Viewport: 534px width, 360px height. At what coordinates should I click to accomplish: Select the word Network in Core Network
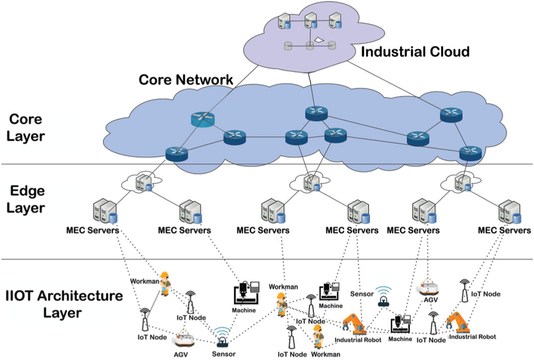click(x=204, y=80)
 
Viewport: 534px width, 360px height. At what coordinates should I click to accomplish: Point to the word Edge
click(x=27, y=191)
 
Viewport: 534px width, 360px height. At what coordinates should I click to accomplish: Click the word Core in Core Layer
click(x=25, y=119)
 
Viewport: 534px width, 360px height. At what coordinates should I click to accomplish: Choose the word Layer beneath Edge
click(x=25, y=208)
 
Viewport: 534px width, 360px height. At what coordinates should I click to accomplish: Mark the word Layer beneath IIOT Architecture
click(x=62, y=313)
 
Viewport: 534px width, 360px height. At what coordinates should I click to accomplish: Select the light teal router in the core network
click(x=203, y=119)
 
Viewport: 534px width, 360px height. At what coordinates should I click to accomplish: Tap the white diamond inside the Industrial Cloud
click(x=319, y=40)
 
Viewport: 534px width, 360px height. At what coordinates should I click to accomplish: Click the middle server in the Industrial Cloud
click(x=311, y=21)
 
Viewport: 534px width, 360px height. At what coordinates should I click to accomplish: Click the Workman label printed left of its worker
click(x=144, y=281)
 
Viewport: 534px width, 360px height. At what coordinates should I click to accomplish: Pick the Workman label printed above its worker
click(x=283, y=287)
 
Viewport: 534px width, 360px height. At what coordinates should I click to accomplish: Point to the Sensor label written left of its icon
click(x=362, y=294)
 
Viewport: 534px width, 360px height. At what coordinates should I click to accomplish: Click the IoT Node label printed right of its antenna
click(x=486, y=294)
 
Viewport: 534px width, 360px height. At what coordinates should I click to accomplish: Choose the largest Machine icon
click(x=246, y=293)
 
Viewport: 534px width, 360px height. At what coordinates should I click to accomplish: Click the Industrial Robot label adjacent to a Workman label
click(x=358, y=340)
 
